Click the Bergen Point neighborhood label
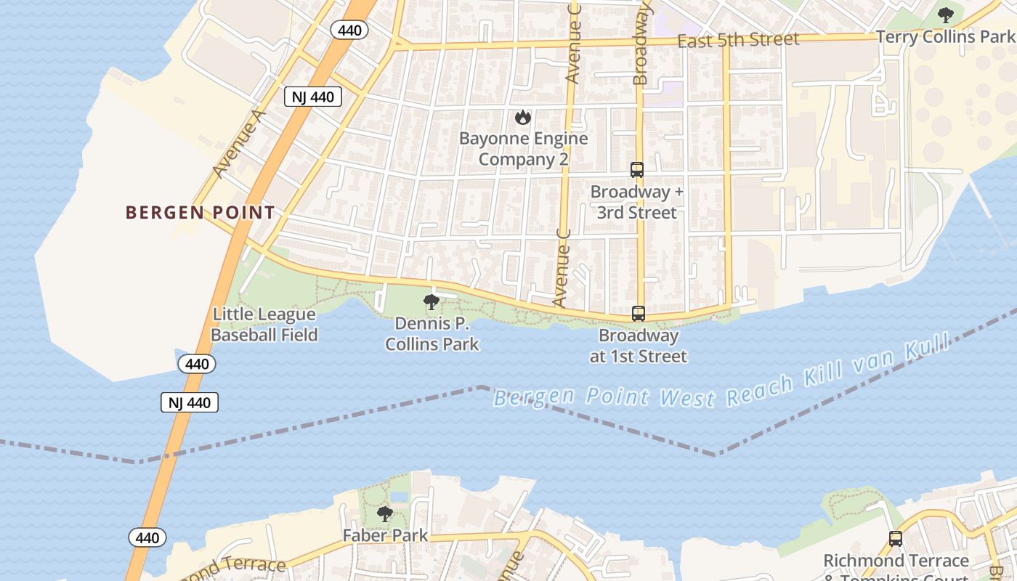coord(200,213)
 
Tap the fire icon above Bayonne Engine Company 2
coord(522,117)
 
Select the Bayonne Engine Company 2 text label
coord(523,149)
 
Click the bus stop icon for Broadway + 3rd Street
coord(637,170)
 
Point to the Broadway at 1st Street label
coord(639,346)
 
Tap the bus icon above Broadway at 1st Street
coord(639,314)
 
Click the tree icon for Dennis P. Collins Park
coord(431,302)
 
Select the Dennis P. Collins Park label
coord(432,334)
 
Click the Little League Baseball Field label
coord(264,325)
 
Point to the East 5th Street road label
coord(738,40)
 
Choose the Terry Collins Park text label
coord(944,37)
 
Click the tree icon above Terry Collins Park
coord(945,15)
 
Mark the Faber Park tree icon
coord(385,514)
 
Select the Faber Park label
coord(385,537)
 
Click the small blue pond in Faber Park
coord(399,497)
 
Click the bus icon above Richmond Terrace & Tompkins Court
coord(896,539)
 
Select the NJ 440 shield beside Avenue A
coord(312,97)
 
